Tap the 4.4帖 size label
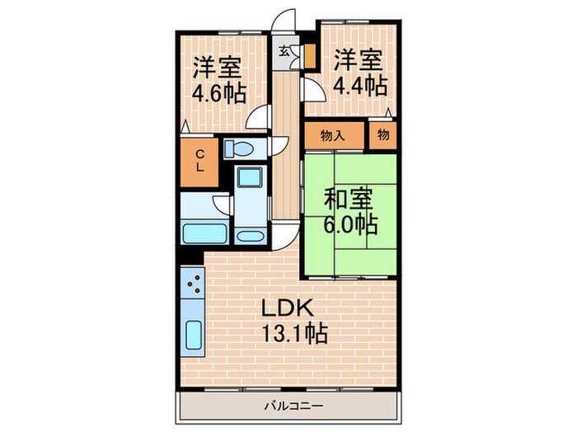pyautogui.click(x=359, y=83)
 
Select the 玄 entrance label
pyautogui.click(x=284, y=51)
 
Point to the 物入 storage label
pyautogui.click(x=332, y=136)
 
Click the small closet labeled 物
pyautogui.click(x=383, y=136)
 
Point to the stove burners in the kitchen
pyautogui.click(x=195, y=287)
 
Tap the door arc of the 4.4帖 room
pyautogui.click(x=312, y=89)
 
